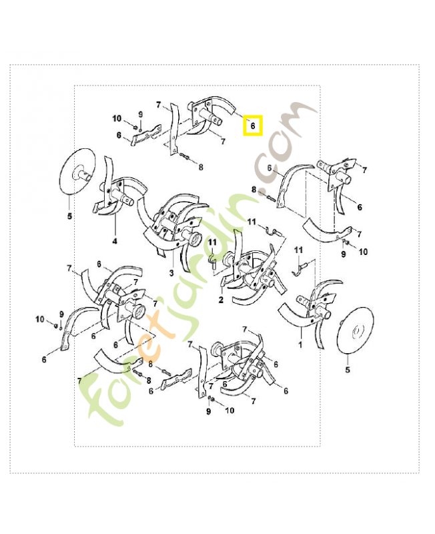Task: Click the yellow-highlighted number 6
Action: click(x=253, y=125)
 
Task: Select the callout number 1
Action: click(x=300, y=345)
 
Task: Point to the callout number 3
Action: click(x=171, y=273)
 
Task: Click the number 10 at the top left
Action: click(x=117, y=119)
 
